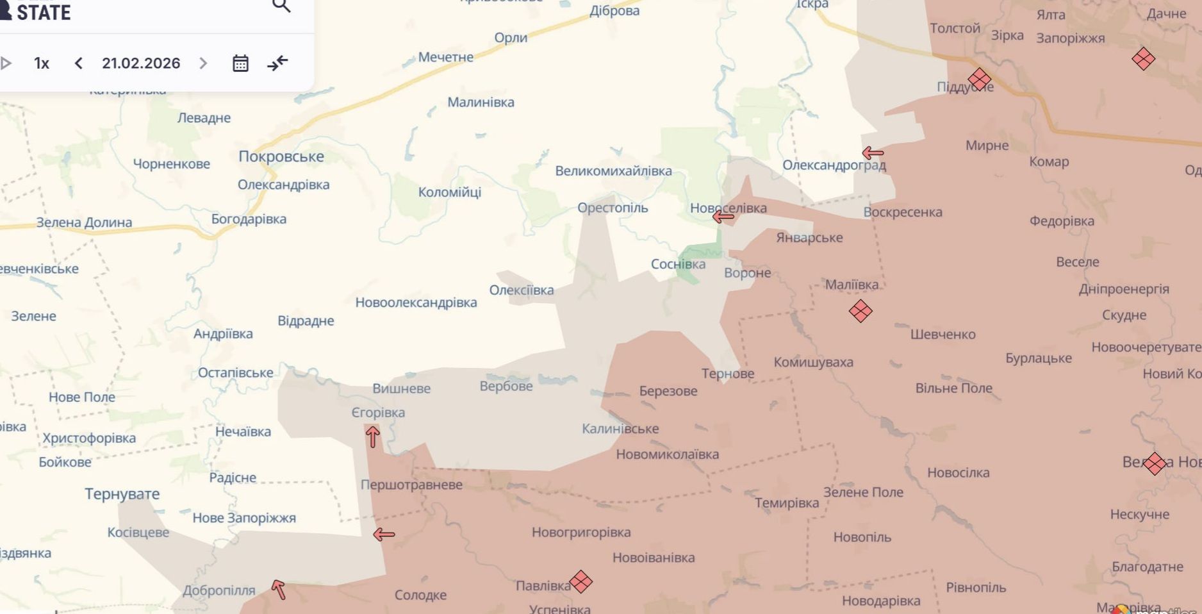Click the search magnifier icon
click(x=281, y=6)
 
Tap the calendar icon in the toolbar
click(x=240, y=63)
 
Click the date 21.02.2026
click(x=141, y=63)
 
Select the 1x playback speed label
click(x=42, y=63)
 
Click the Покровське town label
click(x=281, y=156)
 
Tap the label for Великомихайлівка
click(x=613, y=171)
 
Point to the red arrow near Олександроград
click(x=873, y=153)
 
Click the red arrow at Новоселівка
click(x=723, y=217)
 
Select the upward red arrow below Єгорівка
click(x=372, y=437)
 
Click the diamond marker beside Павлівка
click(x=580, y=581)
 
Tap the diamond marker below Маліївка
click(x=860, y=311)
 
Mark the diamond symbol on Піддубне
click(x=979, y=79)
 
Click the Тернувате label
click(x=122, y=494)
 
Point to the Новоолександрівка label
click(x=416, y=303)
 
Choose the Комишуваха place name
click(x=813, y=362)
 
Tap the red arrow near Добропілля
click(x=278, y=589)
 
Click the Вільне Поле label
click(x=953, y=388)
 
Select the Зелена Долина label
click(x=84, y=222)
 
